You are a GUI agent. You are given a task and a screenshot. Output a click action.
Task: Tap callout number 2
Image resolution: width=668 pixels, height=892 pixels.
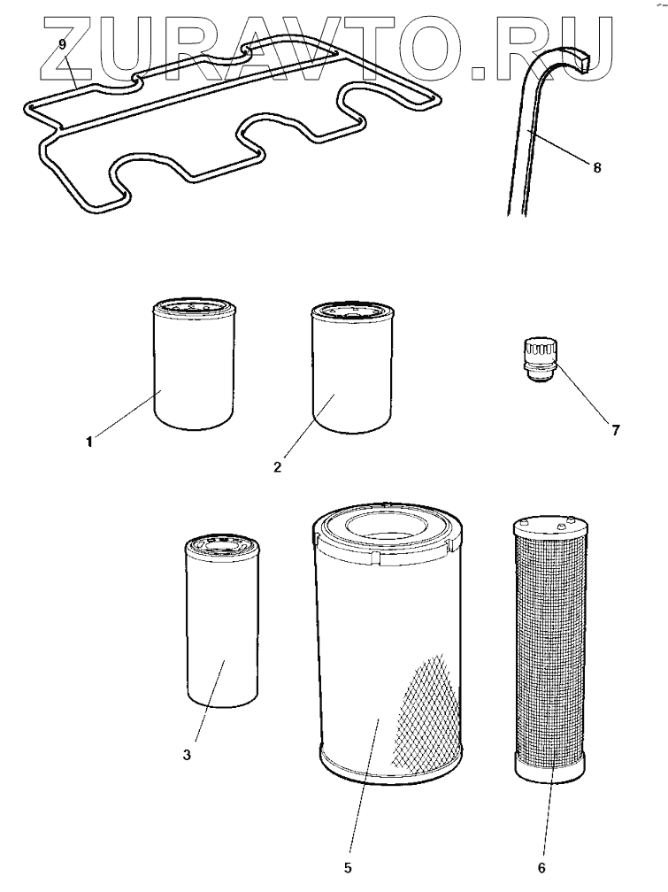point(277,466)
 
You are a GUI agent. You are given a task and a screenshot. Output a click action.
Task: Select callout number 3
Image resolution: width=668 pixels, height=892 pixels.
point(187,755)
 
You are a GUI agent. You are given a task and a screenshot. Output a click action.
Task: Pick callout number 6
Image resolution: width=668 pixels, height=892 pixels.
point(541,868)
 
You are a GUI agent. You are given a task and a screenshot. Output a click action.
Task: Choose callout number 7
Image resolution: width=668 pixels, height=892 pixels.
point(614,431)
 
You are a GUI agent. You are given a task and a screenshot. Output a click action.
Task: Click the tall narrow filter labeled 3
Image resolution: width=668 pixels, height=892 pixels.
point(222,628)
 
